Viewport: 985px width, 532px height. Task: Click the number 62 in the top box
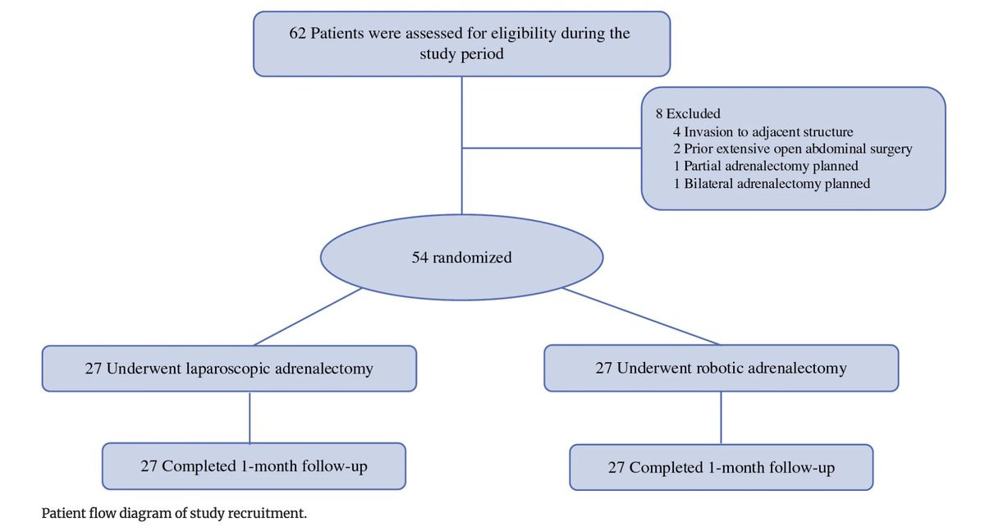point(297,34)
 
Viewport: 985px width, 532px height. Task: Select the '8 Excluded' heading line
point(688,113)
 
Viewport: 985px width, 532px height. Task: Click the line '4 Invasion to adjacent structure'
point(763,132)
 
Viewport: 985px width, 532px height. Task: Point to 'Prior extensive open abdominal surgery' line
point(798,149)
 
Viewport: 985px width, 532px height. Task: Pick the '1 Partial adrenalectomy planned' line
point(766,166)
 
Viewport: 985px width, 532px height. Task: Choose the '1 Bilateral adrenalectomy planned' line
point(772,183)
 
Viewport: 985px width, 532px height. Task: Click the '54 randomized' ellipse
point(461,258)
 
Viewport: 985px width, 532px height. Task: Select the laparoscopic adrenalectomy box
point(229,369)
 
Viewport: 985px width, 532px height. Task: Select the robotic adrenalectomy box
point(722,368)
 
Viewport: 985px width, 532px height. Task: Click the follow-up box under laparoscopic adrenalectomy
point(254,466)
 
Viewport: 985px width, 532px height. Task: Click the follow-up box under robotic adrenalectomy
point(722,467)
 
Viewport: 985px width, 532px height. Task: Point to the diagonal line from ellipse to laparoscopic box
point(307,317)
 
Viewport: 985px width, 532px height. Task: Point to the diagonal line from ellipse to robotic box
point(641,316)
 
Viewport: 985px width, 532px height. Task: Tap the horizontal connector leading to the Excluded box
point(552,148)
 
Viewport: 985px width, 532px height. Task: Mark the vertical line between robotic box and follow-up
point(722,418)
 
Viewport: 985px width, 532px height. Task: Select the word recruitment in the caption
point(267,514)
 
